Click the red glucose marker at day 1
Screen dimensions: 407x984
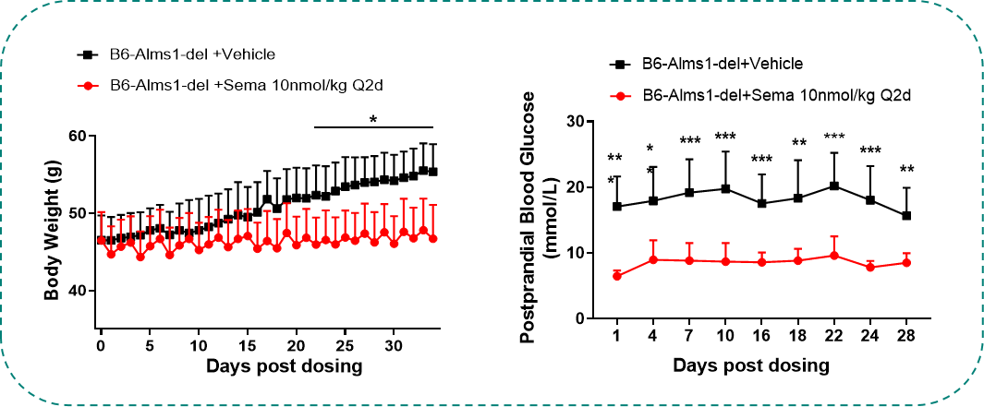point(616,276)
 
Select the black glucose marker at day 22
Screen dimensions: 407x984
point(834,186)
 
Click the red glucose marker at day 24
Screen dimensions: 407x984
point(870,267)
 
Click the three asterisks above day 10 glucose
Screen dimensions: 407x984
point(725,138)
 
